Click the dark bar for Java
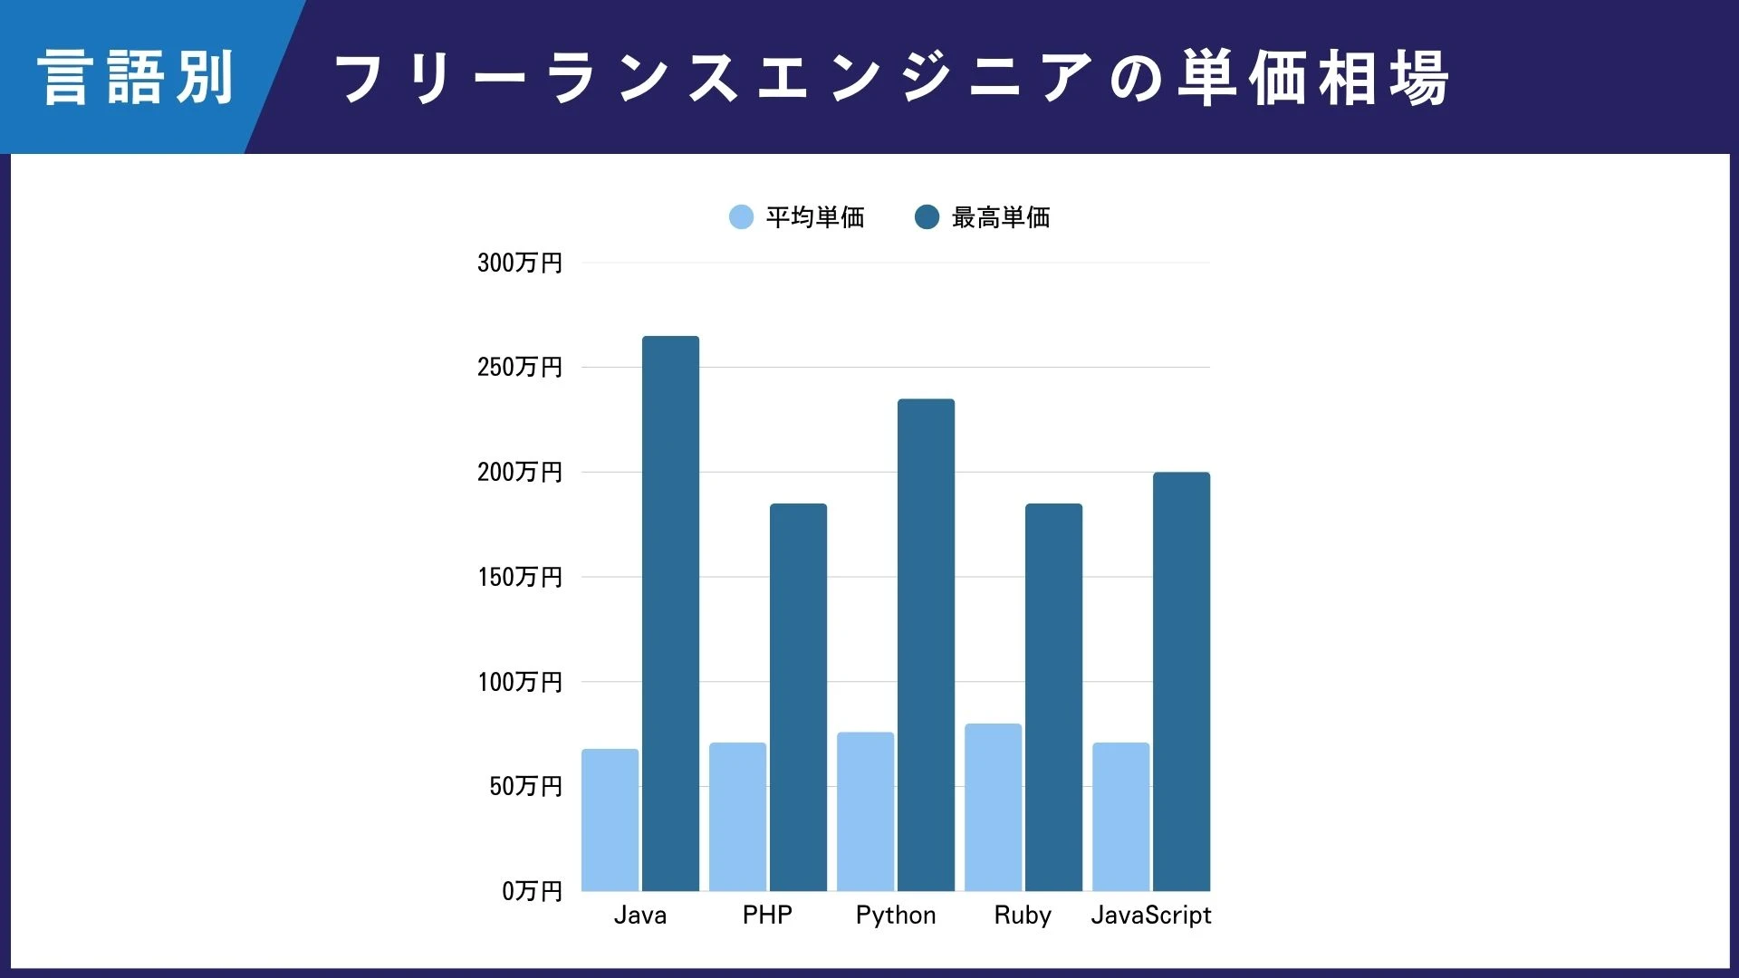(670, 613)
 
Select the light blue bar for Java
(610, 820)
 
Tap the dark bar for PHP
(798, 697)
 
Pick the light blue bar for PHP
(737, 817)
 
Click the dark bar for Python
(926, 645)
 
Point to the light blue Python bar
(865, 811)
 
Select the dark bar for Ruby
(1053, 697)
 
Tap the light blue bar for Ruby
(993, 807)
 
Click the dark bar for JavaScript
(1181, 681)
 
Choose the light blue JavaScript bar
(1120, 817)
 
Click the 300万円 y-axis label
(520, 263)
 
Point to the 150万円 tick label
(520, 577)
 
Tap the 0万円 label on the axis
(533, 891)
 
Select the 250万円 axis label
(520, 367)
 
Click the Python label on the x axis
(896, 916)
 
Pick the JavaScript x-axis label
(1151, 916)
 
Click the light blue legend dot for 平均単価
(741, 217)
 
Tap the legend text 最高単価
(1001, 217)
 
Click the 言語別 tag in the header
(136, 78)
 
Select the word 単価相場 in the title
(1313, 78)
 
